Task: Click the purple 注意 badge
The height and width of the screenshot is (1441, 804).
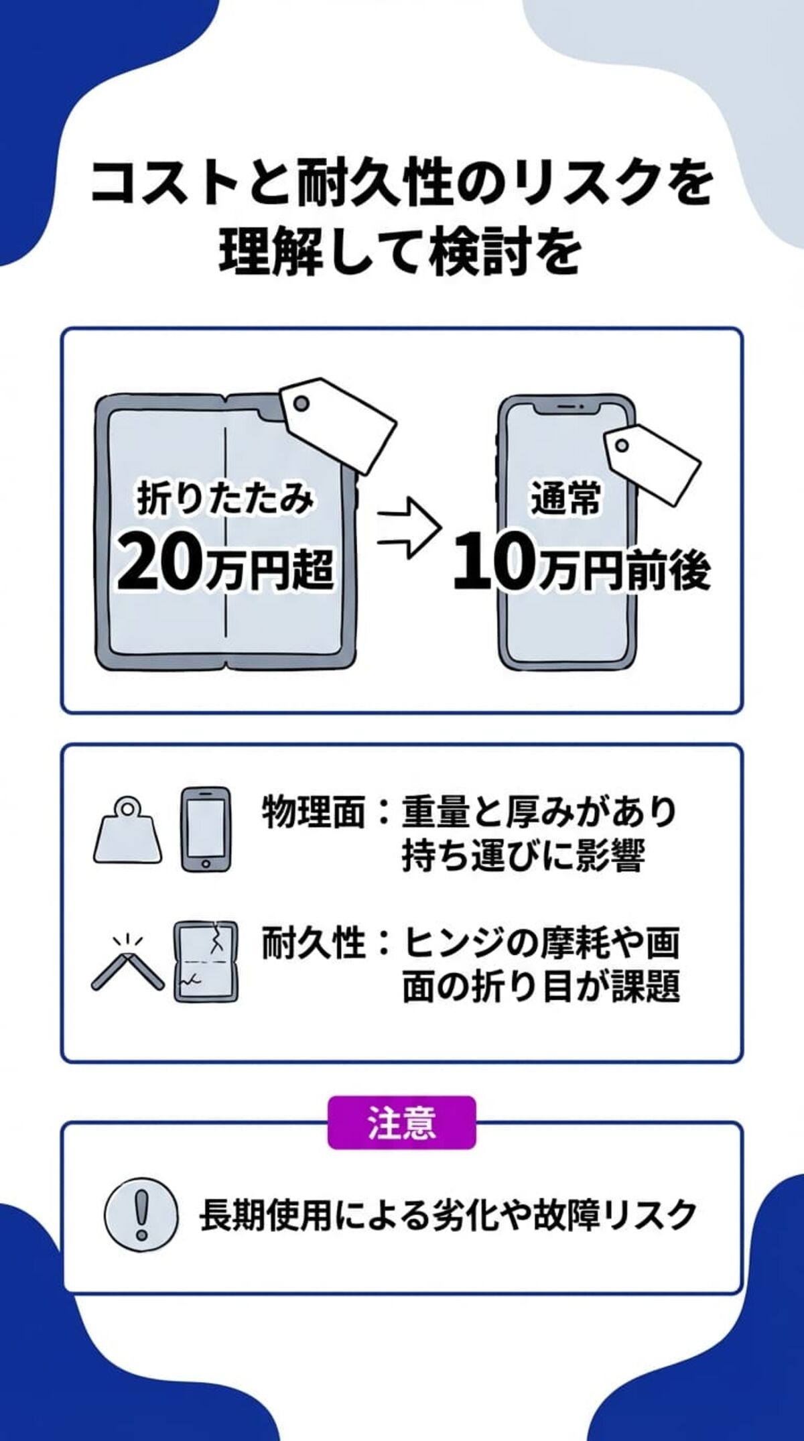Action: [401, 1123]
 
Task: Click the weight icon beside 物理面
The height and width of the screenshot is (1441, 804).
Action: [128, 831]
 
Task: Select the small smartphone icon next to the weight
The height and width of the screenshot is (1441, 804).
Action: [206, 829]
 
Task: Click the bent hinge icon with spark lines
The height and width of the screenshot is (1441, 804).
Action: [127, 964]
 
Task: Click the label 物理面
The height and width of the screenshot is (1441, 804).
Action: [314, 813]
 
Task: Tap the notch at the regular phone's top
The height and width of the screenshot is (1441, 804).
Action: [568, 408]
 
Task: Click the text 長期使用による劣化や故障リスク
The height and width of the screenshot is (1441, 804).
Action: [448, 1214]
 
